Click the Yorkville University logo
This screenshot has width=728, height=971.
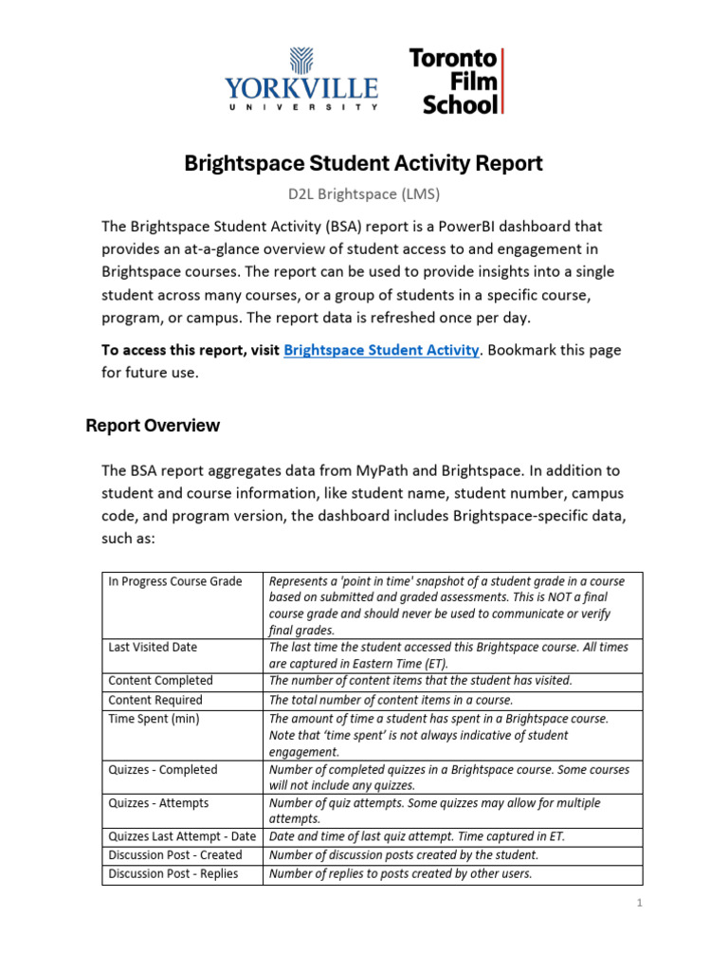(301, 81)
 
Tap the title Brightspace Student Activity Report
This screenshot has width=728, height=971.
(363, 163)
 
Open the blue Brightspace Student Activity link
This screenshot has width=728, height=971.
(381, 350)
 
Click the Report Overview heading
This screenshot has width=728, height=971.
(153, 426)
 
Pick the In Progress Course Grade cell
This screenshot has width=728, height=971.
(175, 581)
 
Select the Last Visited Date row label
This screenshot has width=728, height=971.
(154, 647)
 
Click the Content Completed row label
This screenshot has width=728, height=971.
(161, 681)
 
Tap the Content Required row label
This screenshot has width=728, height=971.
(155, 700)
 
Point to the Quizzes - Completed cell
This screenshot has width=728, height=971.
(163, 770)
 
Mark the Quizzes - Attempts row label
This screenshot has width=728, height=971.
(158, 803)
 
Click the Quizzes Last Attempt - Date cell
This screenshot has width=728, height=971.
(182, 836)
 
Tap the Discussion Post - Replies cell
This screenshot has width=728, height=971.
(173, 874)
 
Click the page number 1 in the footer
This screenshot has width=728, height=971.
(640, 904)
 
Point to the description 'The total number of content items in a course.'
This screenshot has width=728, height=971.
(391, 700)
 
